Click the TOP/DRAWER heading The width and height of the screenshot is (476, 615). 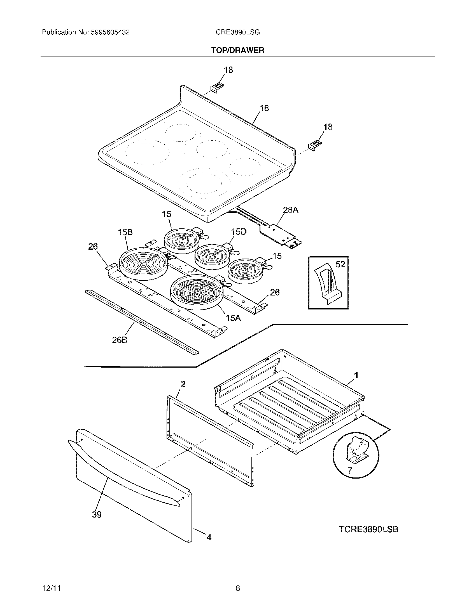click(238, 50)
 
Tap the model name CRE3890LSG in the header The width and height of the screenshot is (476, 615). click(238, 32)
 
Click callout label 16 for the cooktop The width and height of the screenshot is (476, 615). click(264, 108)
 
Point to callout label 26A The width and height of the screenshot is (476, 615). click(290, 210)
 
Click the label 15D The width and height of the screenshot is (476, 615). click(239, 232)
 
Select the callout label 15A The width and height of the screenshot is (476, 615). click(233, 318)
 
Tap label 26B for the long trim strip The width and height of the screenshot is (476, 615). click(120, 340)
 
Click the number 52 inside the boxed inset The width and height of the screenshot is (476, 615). click(340, 264)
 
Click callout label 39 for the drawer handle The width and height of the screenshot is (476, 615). click(96, 515)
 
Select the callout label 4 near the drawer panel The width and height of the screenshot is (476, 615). click(209, 537)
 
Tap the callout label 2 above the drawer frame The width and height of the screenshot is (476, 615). click(183, 384)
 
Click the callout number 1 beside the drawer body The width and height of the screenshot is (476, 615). click(356, 375)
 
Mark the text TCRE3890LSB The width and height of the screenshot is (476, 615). click(368, 529)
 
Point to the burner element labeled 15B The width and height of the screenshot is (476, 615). click(143, 264)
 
